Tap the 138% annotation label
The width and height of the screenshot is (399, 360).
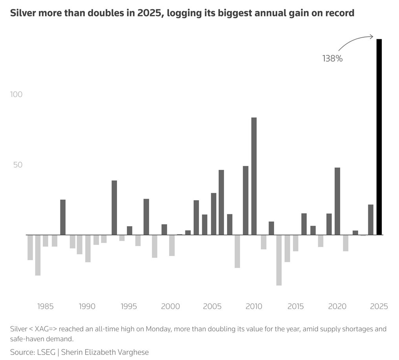click(x=333, y=59)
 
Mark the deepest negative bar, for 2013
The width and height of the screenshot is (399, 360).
click(x=279, y=260)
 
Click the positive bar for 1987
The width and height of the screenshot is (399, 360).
click(x=63, y=217)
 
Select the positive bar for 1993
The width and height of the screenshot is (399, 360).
click(x=114, y=207)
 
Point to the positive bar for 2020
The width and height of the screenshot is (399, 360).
click(x=337, y=201)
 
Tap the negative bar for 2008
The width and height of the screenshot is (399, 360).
click(x=237, y=251)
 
